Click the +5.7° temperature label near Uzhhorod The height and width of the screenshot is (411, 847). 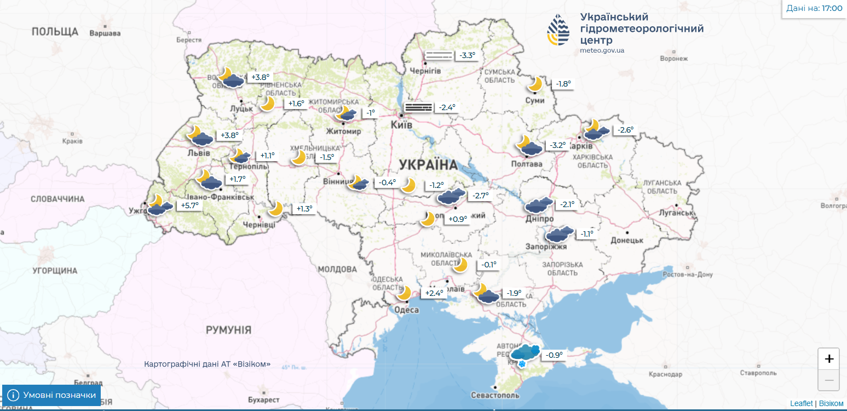tap(187, 206)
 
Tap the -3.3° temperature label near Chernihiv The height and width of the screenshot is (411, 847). tap(467, 55)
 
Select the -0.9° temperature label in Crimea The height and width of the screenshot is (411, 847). tap(554, 355)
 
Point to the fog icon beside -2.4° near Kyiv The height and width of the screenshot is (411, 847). tap(418, 107)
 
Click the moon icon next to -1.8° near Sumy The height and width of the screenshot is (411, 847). tap(535, 84)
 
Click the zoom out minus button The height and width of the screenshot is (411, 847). tap(828, 380)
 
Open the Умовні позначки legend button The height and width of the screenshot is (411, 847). tap(52, 395)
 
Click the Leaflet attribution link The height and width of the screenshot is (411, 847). tap(801, 403)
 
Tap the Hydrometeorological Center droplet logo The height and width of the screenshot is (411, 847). tap(558, 30)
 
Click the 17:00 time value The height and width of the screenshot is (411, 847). tap(832, 8)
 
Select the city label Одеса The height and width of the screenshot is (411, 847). tap(406, 310)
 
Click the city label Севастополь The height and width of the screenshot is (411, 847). tap(495, 395)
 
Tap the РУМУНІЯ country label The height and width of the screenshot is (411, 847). tap(228, 330)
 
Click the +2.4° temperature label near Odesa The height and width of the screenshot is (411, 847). tap(434, 293)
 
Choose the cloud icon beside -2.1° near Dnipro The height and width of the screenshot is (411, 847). tap(539, 205)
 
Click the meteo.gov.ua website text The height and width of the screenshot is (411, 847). tap(602, 50)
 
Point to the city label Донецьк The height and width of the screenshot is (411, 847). tap(626, 240)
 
